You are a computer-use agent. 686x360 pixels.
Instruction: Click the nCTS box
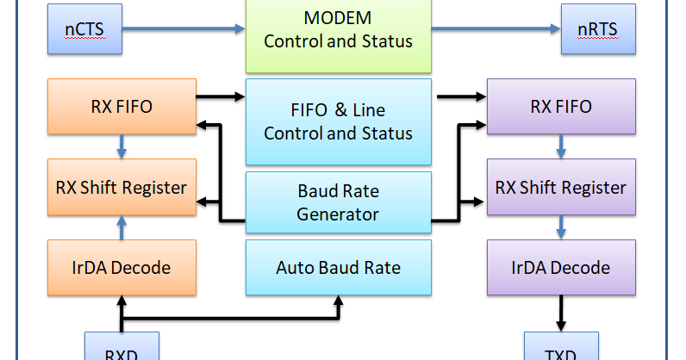coord(84,28)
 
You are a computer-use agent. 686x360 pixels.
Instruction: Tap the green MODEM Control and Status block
coord(338,30)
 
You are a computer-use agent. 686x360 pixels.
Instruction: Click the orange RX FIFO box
coord(122,107)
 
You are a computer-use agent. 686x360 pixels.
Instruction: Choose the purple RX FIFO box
coord(561,107)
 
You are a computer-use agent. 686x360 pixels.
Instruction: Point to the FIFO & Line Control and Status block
coord(338,121)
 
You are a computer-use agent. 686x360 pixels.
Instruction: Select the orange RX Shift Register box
coord(122,187)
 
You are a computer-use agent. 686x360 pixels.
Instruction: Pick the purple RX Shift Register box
coord(561,187)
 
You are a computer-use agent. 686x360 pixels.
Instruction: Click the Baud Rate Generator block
coord(338,202)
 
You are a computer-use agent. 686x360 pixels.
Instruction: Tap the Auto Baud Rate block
coord(338,268)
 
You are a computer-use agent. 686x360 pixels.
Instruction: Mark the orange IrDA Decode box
coord(122,267)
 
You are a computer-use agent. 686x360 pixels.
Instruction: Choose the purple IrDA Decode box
coord(561,267)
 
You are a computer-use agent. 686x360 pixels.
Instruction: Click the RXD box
coord(122,349)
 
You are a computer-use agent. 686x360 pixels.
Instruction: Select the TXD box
coord(561,349)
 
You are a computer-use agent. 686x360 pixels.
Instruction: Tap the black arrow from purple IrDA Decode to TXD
coord(562,313)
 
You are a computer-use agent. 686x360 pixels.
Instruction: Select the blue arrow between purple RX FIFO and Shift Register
coord(562,147)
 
